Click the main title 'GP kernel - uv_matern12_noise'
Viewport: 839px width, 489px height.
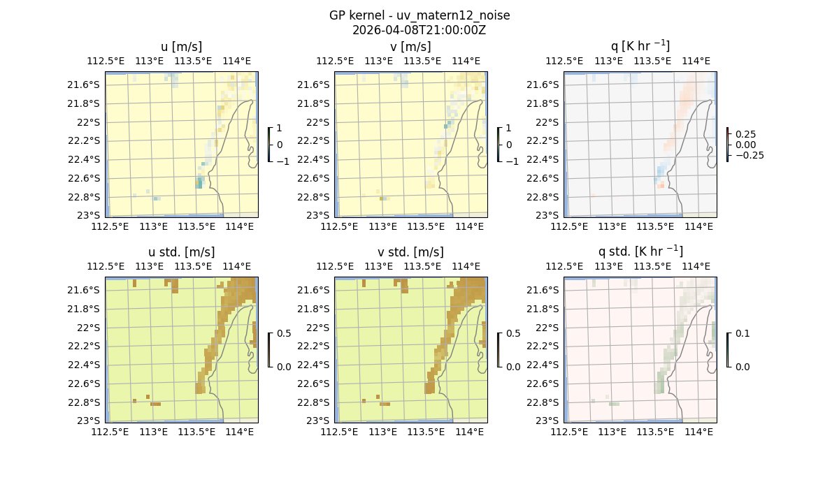[x=419, y=15]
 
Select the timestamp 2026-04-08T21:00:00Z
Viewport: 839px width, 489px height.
[x=419, y=30]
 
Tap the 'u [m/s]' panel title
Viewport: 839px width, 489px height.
[x=182, y=47]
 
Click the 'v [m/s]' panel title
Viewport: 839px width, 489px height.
[x=411, y=47]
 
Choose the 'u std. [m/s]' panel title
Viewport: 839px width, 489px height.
[x=182, y=252]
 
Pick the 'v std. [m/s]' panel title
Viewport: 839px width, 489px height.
[x=411, y=252]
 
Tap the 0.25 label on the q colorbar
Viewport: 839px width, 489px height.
[x=745, y=134]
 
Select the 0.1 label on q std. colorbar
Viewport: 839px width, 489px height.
[x=743, y=333]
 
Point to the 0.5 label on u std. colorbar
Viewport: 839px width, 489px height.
[x=284, y=333]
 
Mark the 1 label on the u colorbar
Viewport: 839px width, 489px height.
[x=280, y=128]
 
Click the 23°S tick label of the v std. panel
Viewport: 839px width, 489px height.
[x=317, y=421]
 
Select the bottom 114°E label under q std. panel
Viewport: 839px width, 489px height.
[x=698, y=432]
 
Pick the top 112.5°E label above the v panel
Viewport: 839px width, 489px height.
[x=335, y=61]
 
